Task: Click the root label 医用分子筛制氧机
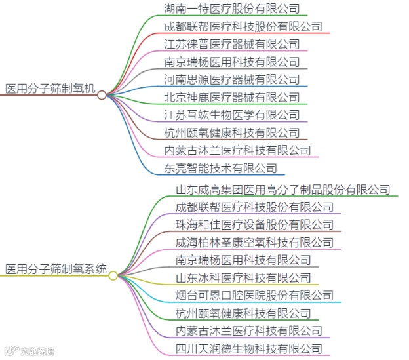pyautogui.click(x=50, y=89)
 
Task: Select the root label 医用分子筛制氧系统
pyautogui.click(x=56, y=269)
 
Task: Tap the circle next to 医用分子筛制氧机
pyautogui.click(x=102, y=95)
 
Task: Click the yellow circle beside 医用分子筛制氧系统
pyautogui.click(x=113, y=275)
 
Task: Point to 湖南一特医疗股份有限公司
pyautogui.click(x=232, y=9)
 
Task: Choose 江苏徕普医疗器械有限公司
pyautogui.click(x=232, y=44)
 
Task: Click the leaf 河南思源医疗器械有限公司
pyautogui.click(x=232, y=79)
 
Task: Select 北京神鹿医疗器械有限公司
pyautogui.click(x=232, y=97)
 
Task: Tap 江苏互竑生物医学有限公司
pyautogui.click(x=232, y=115)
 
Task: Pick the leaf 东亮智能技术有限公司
pyautogui.click(x=221, y=168)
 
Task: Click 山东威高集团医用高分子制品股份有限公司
pyautogui.click(x=282, y=190)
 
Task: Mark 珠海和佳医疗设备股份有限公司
pyautogui.click(x=254, y=224)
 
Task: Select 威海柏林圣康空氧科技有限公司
pyautogui.click(x=254, y=242)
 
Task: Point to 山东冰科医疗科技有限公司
pyautogui.click(x=243, y=277)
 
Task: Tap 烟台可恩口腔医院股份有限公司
pyautogui.click(x=254, y=295)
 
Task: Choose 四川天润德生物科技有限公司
pyautogui.click(x=249, y=348)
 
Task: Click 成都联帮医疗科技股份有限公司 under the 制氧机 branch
pyautogui.click(x=243, y=26)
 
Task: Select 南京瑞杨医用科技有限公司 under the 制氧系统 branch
pyautogui.click(x=243, y=260)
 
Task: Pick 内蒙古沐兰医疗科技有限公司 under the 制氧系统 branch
pyautogui.click(x=249, y=330)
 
